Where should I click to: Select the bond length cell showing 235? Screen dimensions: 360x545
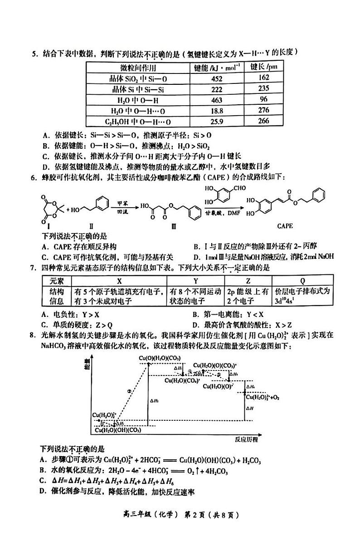(x=264, y=88)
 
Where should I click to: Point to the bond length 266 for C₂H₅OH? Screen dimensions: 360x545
(x=264, y=121)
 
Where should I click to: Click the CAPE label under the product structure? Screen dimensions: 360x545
(x=284, y=226)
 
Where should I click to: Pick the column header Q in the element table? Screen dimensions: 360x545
(x=302, y=281)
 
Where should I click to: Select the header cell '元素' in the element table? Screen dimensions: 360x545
(x=55, y=281)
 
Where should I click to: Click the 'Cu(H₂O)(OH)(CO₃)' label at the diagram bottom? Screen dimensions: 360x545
(x=119, y=430)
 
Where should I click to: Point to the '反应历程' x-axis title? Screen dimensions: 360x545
(x=246, y=439)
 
